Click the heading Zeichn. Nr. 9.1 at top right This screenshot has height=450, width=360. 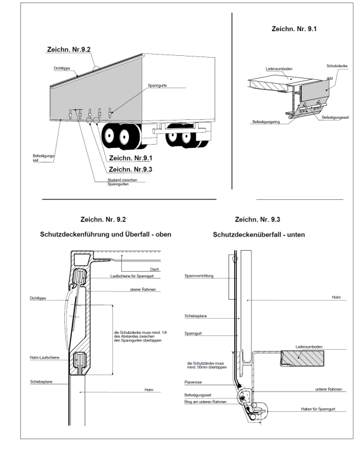[294, 29]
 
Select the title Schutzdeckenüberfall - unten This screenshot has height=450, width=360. [259, 234]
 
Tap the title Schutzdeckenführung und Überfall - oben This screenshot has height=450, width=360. [105, 234]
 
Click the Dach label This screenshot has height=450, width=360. [154, 269]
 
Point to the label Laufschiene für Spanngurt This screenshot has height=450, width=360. [132, 276]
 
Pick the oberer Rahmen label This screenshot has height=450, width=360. [143, 289]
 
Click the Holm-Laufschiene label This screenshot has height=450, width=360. [44, 357]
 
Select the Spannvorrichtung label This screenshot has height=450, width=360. [199, 276]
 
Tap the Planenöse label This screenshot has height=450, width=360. [193, 382]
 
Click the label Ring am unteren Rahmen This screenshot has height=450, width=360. [205, 402]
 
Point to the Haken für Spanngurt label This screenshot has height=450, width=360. [318, 409]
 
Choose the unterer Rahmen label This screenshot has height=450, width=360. [329, 389]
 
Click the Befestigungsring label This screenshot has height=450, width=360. [266, 122]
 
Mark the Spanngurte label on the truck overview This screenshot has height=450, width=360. [157, 86]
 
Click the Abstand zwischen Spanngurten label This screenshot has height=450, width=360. [123, 182]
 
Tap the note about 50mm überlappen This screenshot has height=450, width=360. [207, 365]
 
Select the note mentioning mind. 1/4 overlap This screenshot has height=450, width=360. [140, 336]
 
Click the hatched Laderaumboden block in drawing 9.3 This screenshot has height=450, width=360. [302, 359]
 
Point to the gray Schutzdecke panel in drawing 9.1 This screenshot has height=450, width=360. [315, 89]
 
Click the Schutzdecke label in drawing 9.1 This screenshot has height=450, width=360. [337, 66]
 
